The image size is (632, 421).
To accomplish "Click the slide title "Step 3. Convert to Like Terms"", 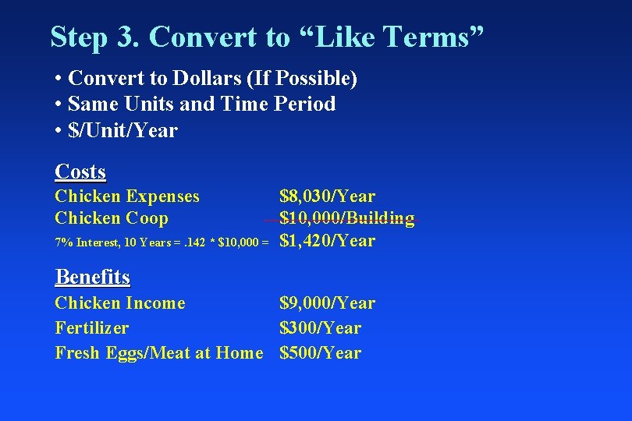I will (267, 37).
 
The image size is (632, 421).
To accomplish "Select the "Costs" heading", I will (80, 172).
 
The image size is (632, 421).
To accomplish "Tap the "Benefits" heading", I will (92, 277).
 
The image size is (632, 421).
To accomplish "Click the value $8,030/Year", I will (327, 196).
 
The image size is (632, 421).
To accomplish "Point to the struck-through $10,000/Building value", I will (346, 218).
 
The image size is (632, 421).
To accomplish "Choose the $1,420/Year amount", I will (327, 241).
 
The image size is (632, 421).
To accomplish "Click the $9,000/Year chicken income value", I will (327, 302).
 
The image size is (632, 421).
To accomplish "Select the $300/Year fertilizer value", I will (320, 327).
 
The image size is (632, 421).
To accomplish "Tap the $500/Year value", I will (320, 352).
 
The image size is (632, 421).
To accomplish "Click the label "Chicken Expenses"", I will (127, 196).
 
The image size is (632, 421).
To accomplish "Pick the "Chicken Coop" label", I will (112, 218).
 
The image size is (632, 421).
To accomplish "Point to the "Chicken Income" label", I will (120, 302).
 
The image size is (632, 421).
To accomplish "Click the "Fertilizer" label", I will (92, 327).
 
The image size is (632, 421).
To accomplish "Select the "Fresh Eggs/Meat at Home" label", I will (159, 352).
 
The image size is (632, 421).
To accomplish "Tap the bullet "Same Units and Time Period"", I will (201, 104).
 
